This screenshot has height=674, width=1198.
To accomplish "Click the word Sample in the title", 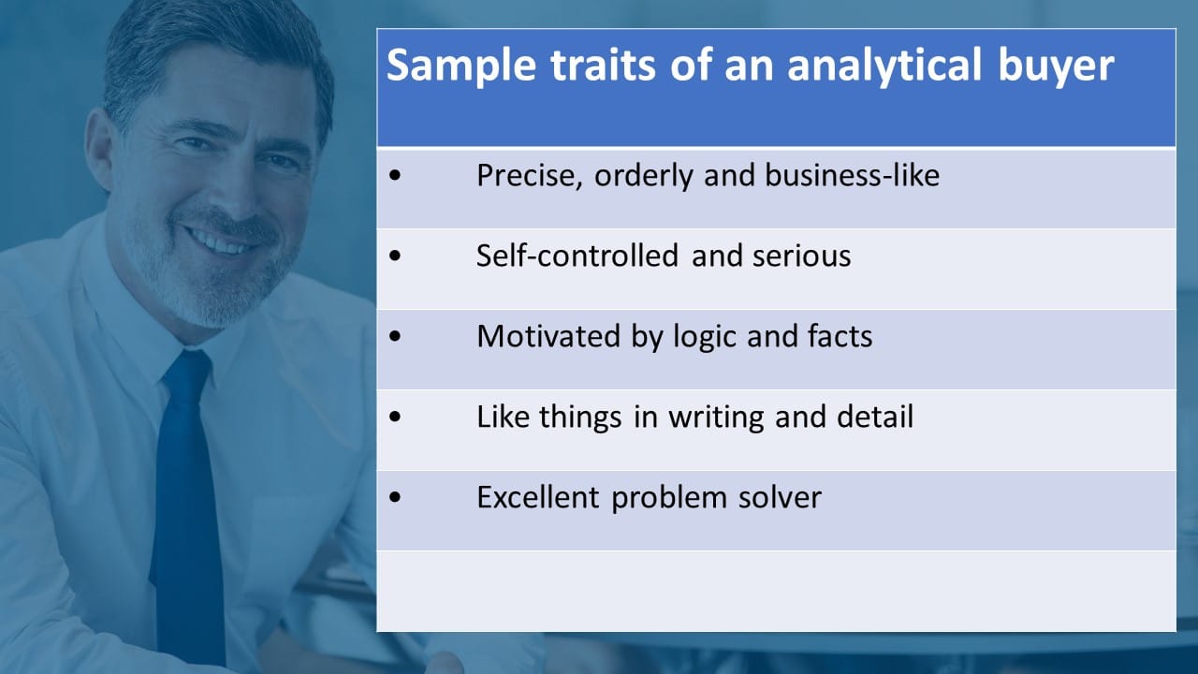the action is click(461, 66).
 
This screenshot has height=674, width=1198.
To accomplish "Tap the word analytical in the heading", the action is click(884, 66).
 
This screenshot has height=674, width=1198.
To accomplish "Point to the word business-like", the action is click(852, 175).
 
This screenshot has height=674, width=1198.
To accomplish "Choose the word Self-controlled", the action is click(577, 256).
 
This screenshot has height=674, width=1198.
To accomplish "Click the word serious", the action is click(802, 256).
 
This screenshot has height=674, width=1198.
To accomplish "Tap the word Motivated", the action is click(548, 336).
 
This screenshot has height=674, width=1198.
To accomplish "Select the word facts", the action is click(840, 336).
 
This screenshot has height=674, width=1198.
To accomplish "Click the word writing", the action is click(716, 418).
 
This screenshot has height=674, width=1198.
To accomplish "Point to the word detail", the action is click(875, 417).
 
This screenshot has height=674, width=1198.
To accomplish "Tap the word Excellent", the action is click(537, 497).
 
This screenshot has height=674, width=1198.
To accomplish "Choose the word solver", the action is click(780, 497).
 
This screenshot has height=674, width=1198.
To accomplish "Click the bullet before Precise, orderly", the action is click(395, 175).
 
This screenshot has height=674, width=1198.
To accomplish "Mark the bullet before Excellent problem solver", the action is click(395, 497).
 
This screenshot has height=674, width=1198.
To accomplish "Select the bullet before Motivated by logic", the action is click(395, 336).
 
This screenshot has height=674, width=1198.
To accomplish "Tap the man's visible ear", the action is click(99, 150).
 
